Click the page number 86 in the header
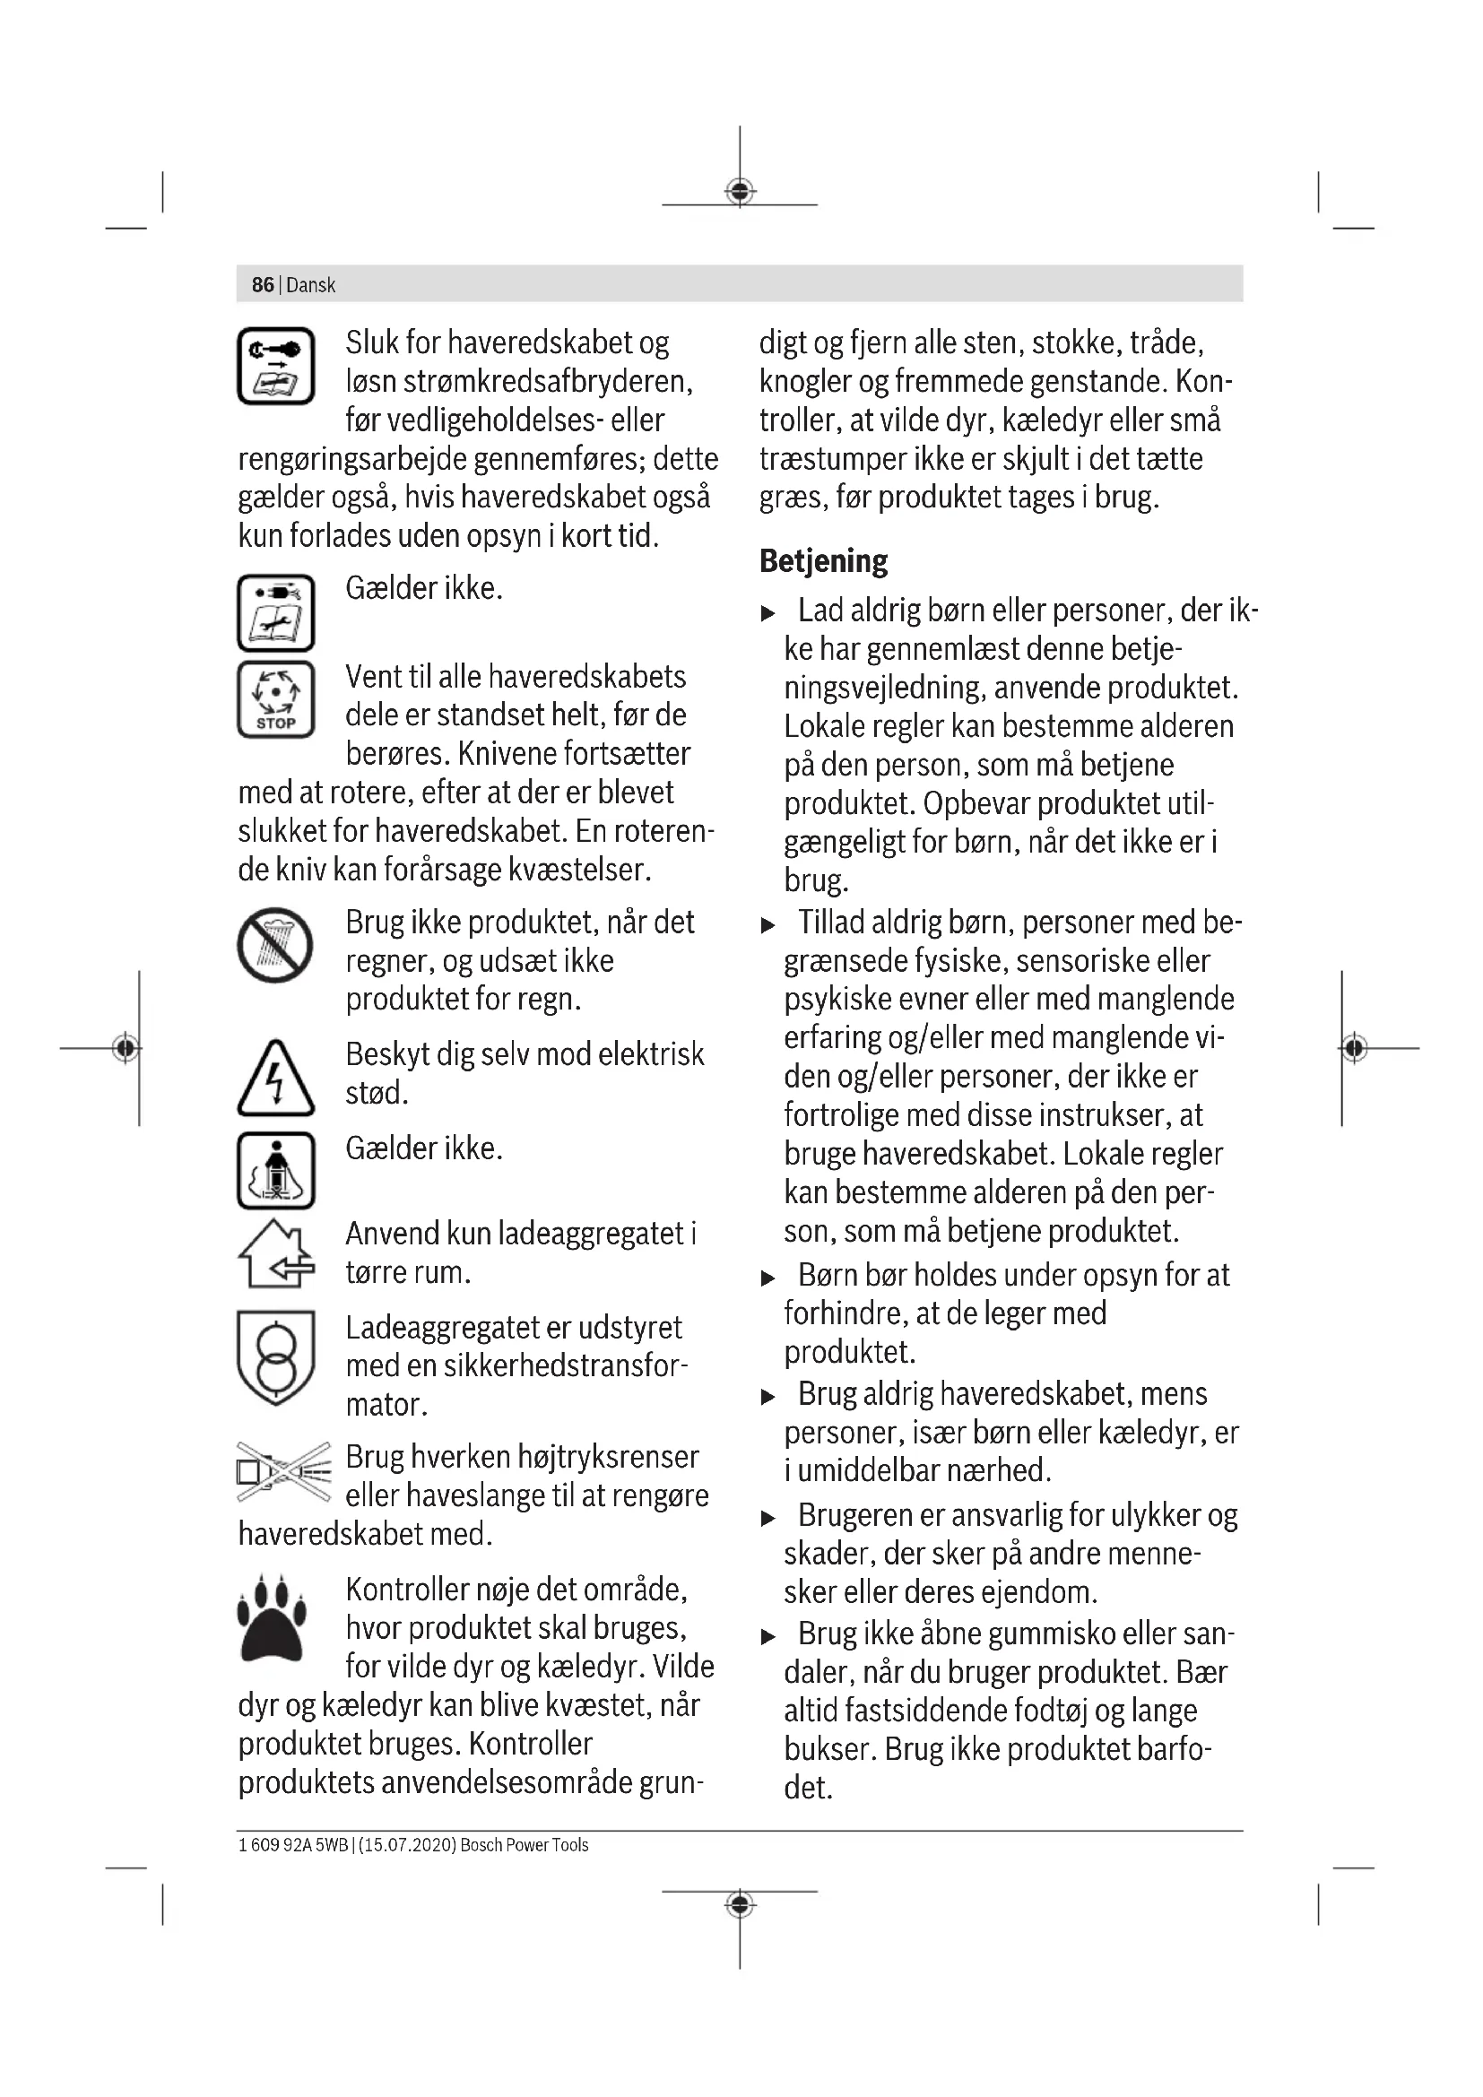click(262, 285)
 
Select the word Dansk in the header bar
click(310, 285)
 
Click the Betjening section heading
click(823, 560)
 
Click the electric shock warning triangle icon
click(276, 1079)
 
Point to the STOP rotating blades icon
click(276, 699)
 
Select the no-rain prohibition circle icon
click(275, 945)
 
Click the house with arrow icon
click(276, 1254)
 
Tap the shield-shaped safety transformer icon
click(276, 1358)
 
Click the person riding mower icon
click(276, 1171)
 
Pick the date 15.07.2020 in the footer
click(406, 1845)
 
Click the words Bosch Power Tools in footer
click(525, 1845)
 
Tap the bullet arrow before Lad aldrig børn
click(768, 614)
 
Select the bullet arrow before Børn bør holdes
click(768, 1278)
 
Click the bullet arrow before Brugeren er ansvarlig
click(768, 1519)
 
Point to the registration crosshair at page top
click(740, 192)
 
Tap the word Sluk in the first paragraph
click(372, 343)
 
